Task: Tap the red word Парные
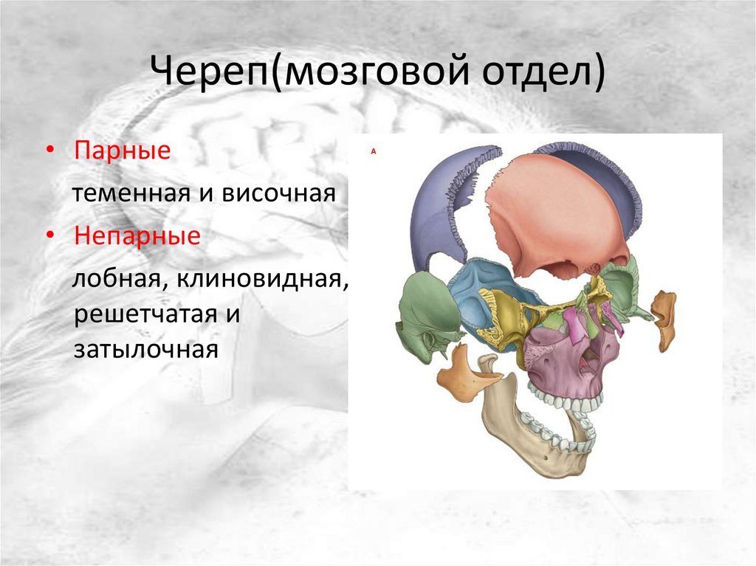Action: [x=122, y=151]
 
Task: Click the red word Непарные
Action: [x=137, y=235]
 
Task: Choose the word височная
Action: [x=278, y=194]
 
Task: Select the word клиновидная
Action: [x=262, y=279]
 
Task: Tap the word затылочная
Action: [x=145, y=349]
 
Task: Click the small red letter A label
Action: [x=373, y=151]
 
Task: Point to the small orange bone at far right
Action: [x=663, y=318]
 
